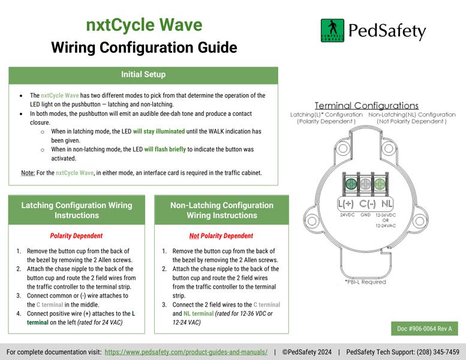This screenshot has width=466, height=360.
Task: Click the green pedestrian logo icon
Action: [332, 31]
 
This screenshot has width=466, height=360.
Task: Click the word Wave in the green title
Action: [181, 25]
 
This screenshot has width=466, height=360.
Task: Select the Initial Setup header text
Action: [143, 74]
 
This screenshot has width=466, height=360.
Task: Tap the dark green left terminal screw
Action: [351, 184]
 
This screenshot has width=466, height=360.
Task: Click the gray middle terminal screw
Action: [366, 184]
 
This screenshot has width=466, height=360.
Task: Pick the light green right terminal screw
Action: [380, 184]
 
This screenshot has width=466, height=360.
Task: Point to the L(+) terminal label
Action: [345, 203]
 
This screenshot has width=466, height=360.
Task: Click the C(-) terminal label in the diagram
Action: [367, 203]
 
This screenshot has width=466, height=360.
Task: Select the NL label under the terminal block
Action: [387, 203]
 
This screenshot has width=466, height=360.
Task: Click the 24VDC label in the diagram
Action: [347, 215]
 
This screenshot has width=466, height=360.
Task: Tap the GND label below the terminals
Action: [365, 215]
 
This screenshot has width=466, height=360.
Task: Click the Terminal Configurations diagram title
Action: [366, 106]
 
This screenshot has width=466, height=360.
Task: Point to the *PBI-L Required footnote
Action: [365, 282]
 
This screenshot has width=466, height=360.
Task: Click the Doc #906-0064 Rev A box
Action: [425, 328]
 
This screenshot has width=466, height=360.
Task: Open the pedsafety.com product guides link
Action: [186, 352]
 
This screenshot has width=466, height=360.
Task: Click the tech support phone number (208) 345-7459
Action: [438, 352]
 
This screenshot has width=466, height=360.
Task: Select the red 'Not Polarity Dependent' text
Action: [221, 236]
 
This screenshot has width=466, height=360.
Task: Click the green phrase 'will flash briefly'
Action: [165, 149]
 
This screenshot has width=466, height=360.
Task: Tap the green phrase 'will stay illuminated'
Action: [159, 131]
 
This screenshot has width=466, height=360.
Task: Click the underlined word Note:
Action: [28, 173]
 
